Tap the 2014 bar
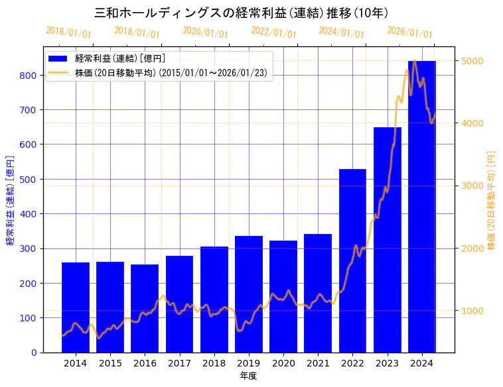[x=76, y=307]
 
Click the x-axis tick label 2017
[x=179, y=363]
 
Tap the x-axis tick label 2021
[x=318, y=363]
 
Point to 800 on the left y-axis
[x=29, y=75]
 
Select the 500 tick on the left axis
[x=29, y=179]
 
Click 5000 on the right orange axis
[x=472, y=61]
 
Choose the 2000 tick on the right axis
[x=472, y=249]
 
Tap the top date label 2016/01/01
[x=69, y=32]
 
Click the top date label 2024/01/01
[x=342, y=32]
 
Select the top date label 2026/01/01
[x=409, y=32]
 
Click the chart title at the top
[x=242, y=13]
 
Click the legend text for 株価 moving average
[x=171, y=73]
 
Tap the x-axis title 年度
[x=249, y=376]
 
